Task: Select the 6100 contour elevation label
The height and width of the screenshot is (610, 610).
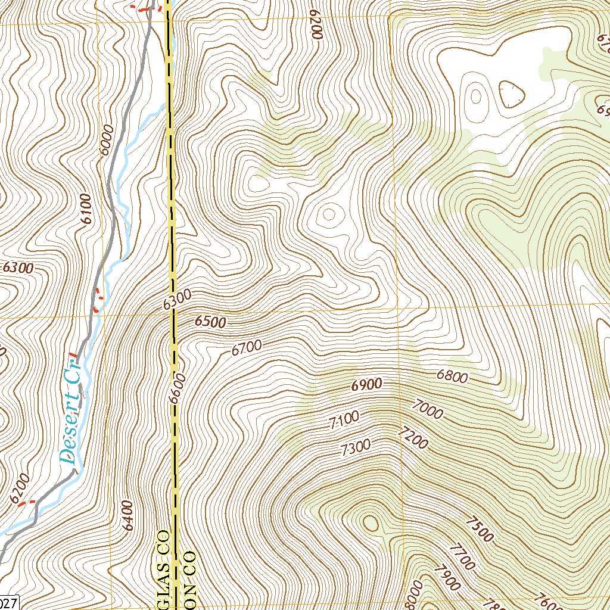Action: click(x=88, y=209)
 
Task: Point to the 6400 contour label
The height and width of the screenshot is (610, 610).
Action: click(x=127, y=516)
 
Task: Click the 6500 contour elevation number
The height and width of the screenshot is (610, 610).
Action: click(x=210, y=322)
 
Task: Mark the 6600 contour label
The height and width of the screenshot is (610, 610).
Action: click(x=178, y=388)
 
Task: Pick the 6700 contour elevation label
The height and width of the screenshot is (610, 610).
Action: click(x=247, y=347)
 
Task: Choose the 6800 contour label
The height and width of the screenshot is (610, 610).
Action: click(x=452, y=376)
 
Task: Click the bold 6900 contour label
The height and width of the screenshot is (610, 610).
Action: click(x=366, y=385)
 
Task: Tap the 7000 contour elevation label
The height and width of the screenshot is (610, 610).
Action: click(x=427, y=410)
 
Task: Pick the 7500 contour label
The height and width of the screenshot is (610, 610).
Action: click(x=480, y=530)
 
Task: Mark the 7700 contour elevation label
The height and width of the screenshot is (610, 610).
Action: click(x=462, y=557)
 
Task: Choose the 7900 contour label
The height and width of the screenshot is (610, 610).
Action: click(x=447, y=577)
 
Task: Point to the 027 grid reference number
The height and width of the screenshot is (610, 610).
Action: click(x=10, y=603)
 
